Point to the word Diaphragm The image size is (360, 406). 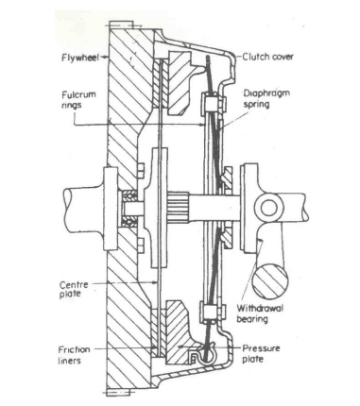point(267,93)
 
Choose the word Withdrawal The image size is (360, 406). point(261,309)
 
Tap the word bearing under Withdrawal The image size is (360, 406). point(255,320)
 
